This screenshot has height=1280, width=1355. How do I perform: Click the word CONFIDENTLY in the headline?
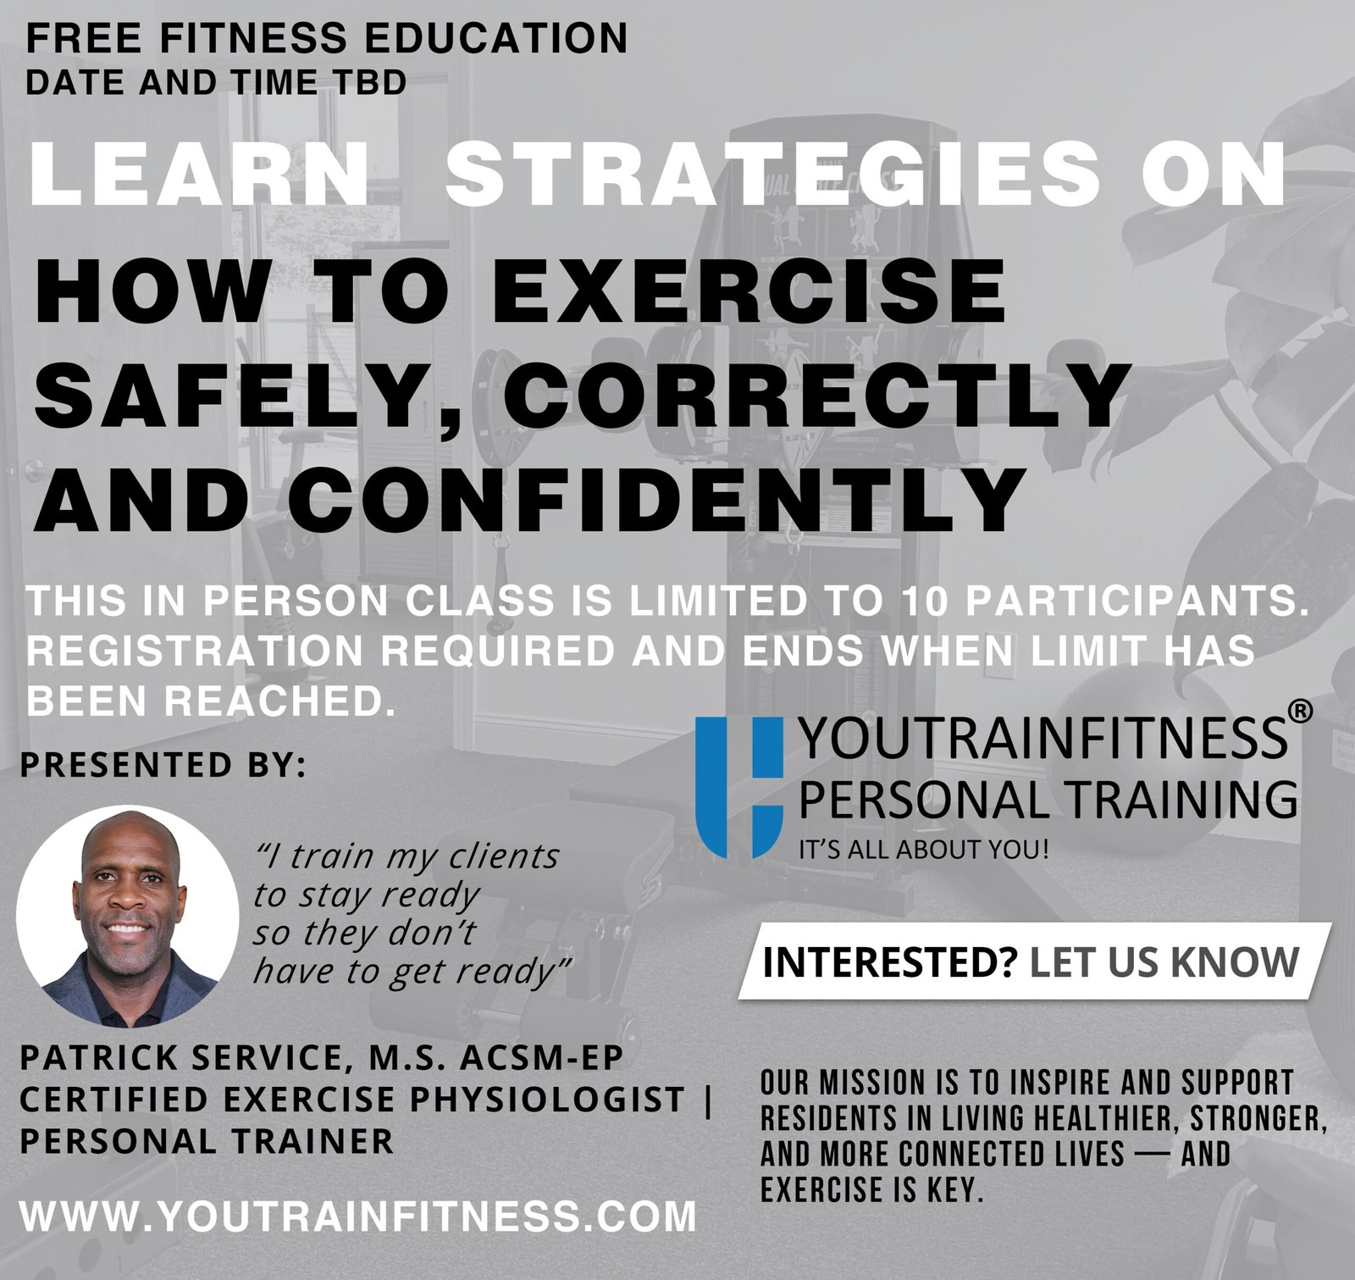[660, 497]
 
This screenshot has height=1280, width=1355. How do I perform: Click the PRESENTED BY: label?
[162, 765]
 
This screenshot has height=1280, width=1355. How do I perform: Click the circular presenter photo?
[128, 916]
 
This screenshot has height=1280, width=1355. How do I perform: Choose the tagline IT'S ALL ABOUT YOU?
[924, 849]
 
